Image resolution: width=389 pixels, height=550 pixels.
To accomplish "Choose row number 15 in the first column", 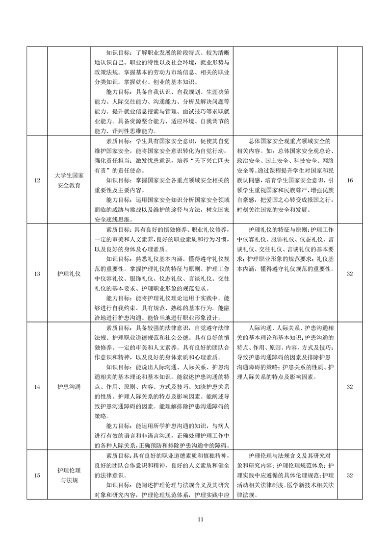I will click(37, 475).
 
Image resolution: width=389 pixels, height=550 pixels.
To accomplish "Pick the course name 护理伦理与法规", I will click(69, 475).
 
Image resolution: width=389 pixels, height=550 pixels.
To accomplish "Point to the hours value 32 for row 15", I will click(350, 475).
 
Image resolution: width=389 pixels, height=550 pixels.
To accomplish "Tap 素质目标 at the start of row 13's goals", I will click(119, 229).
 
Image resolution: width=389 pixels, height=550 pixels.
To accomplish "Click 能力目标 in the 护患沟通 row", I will click(119, 425).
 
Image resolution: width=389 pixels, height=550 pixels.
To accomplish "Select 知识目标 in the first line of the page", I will click(119, 53).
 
